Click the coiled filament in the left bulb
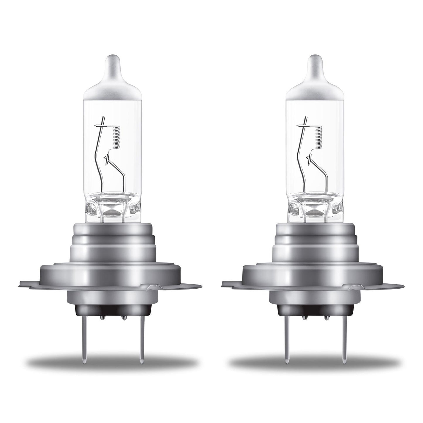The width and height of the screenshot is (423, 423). pyautogui.click(x=117, y=136)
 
